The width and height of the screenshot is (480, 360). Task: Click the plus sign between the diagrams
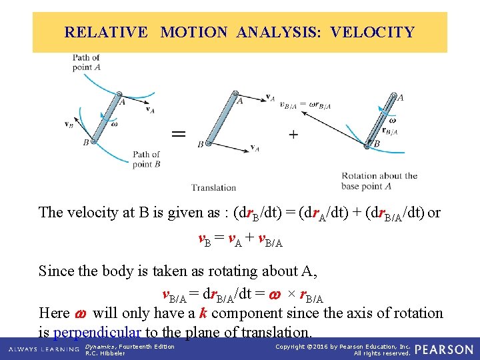click(293, 134)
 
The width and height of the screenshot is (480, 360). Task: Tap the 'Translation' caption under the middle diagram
click(213, 187)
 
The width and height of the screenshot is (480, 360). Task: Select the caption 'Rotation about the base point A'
click(379, 181)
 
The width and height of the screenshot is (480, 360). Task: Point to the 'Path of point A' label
click(87, 63)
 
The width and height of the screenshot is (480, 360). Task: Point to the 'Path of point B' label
click(146, 159)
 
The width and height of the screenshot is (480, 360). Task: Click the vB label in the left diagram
click(69, 123)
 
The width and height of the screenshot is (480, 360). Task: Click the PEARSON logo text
click(445, 349)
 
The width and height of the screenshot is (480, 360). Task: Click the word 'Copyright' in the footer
click(291, 347)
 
